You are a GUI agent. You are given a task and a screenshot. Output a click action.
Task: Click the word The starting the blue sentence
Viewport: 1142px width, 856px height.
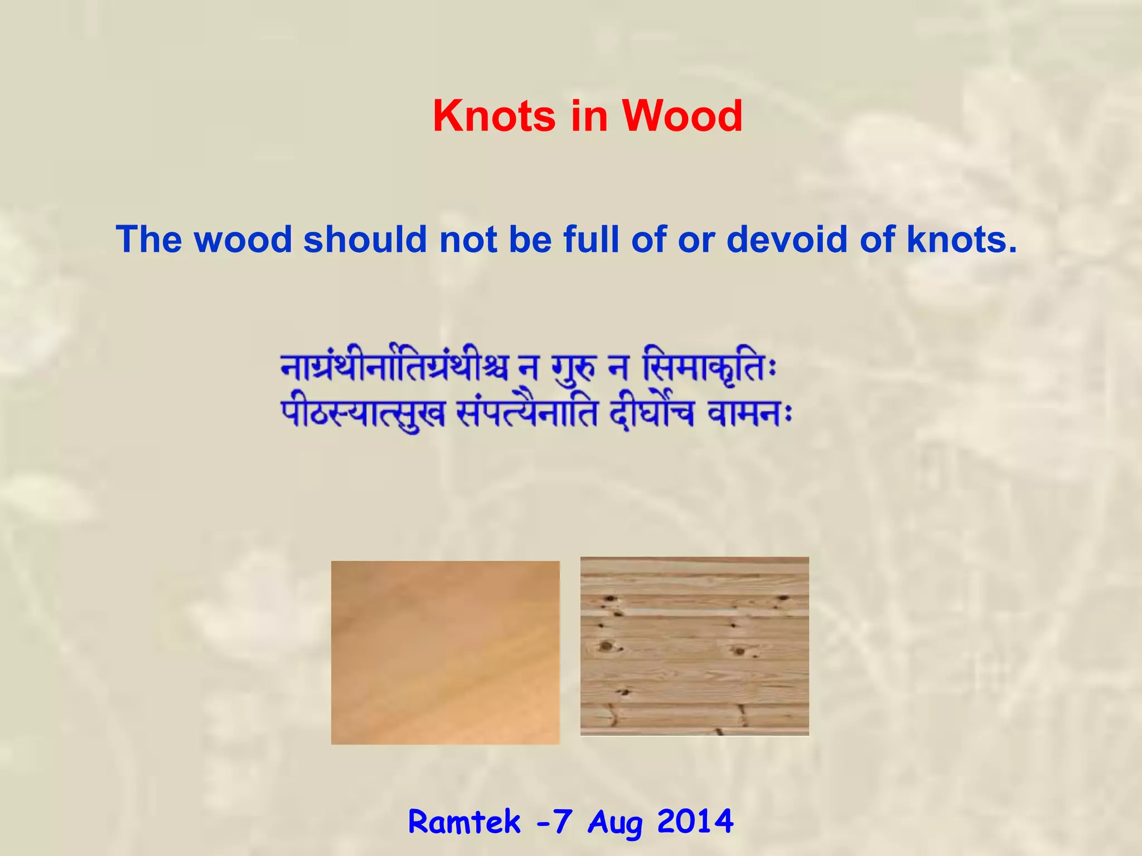coord(149,240)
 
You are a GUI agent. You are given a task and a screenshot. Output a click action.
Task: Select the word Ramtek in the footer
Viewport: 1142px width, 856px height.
coord(464,821)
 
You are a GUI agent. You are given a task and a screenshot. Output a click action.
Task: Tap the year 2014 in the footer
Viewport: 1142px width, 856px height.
coord(695,821)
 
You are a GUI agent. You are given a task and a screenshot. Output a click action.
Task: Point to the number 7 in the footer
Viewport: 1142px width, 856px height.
coord(563,821)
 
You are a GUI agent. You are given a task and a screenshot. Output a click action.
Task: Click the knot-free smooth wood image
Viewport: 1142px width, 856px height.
coord(445,652)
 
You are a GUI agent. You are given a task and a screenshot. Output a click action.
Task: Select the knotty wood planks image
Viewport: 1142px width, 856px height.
coord(694,646)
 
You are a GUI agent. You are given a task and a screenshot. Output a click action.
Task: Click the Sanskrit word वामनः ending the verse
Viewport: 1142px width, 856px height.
coord(749,414)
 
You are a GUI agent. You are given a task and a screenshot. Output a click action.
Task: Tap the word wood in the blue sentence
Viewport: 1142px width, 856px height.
coord(243,240)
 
